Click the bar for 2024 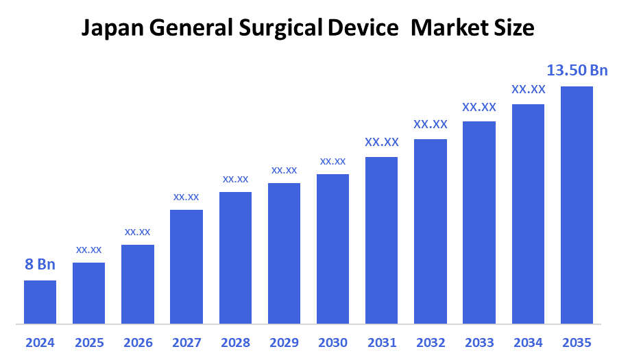point(40,302)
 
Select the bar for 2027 point(186,266)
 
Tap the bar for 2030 point(332,248)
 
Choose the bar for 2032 point(431,231)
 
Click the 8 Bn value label point(40,265)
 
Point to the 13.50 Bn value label point(577,70)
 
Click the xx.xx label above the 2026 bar point(137,232)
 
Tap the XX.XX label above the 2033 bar point(479,107)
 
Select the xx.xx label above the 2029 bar point(284,170)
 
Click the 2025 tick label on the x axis point(88,342)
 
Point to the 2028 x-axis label point(235,342)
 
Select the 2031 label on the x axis point(381,342)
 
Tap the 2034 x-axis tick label point(528,342)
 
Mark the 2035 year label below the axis point(577,342)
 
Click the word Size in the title point(516,28)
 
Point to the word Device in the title point(364,28)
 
